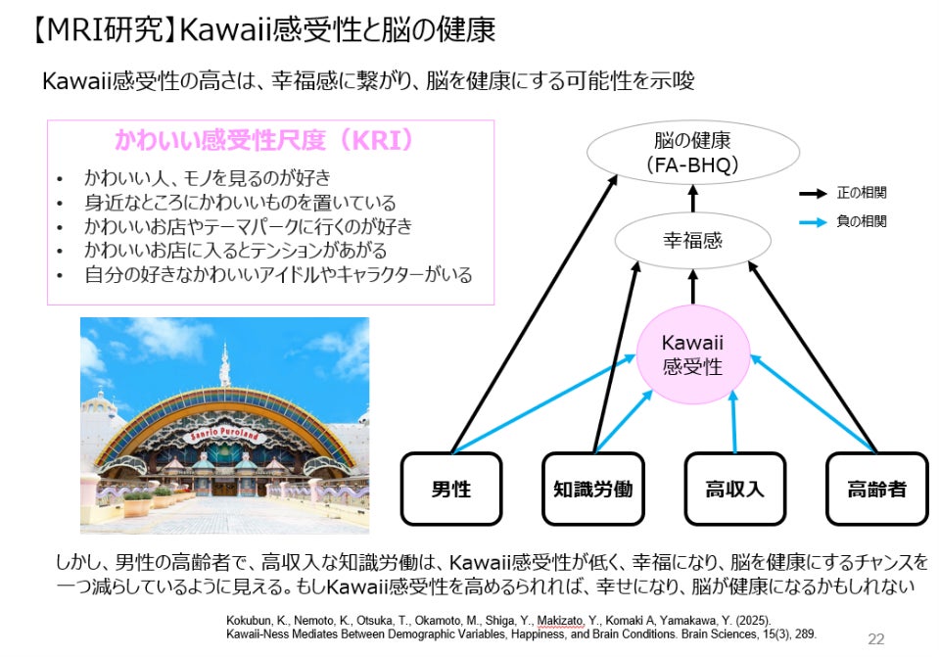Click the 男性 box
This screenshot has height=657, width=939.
click(x=450, y=488)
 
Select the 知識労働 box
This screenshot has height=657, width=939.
click(x=593, y=488)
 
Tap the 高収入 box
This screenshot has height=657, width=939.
click(x=734, y=488)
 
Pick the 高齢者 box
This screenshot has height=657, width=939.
click(x=876, y=488)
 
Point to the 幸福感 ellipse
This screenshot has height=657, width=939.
click(x=692, y=240)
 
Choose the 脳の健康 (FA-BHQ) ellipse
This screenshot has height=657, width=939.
click(x=692, y=153)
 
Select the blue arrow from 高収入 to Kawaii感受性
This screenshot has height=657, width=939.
click(x=733, y=416)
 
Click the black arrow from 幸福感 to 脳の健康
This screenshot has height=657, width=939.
click(x=692, y=201)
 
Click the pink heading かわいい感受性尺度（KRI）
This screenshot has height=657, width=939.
click(x=263, y=140)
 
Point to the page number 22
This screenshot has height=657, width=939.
click(x=876, y=639)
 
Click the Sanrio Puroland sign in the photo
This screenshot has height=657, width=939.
click(x=226, y=433)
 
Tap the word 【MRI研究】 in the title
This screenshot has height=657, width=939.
click(x=103, y=28)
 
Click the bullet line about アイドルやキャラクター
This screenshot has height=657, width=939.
click(x=278, y=275)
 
